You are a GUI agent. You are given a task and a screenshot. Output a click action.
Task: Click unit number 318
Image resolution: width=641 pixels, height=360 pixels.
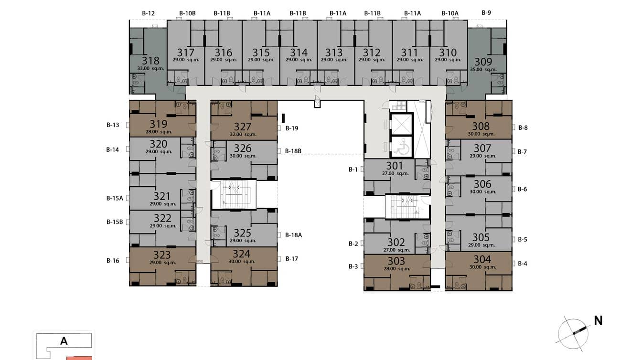tap(150, 61)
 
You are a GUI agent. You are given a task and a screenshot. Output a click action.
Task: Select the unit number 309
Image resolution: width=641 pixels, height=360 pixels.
tap(483, 62)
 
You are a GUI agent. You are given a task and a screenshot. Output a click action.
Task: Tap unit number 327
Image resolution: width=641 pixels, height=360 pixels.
tap(243, 127)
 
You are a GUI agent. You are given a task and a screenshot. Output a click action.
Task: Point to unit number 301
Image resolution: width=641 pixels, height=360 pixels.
tap(395, 166)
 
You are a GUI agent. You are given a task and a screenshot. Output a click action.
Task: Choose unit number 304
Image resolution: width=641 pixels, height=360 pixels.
tap(482, 259)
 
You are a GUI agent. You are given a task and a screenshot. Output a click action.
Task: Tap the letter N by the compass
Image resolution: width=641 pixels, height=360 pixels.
tap(598, 320)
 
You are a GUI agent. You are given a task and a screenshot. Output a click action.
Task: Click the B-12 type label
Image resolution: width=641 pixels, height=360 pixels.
tap(149, 13)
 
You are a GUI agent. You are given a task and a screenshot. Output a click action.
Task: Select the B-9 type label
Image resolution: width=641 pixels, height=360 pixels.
tap(486, 13)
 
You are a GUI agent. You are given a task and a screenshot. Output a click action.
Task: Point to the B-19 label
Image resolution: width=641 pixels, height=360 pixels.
tap(292, 128)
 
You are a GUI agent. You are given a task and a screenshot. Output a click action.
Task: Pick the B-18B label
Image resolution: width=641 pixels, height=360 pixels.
tap(293, 151)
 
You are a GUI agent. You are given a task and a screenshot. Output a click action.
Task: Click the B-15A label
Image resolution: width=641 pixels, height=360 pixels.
tap(115, 198)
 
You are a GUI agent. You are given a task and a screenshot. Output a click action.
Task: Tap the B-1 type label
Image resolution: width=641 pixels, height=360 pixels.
tap(353, 169)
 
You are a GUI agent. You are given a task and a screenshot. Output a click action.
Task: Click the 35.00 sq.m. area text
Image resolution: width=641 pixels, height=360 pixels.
tap(483, 70)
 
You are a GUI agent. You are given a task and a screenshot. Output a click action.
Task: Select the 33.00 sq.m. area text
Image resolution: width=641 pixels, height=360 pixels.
tap(150, 69)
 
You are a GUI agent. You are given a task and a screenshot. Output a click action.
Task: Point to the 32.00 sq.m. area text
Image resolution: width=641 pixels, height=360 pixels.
tap(243, 134)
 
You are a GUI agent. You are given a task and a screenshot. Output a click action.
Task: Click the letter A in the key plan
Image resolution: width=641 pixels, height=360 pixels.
tap(64, 341)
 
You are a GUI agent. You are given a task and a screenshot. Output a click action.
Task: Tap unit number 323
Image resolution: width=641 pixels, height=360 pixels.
tap(162, 255)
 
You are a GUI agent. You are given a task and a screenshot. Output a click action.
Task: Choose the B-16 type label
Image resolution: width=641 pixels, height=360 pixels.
tap(113, 261)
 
